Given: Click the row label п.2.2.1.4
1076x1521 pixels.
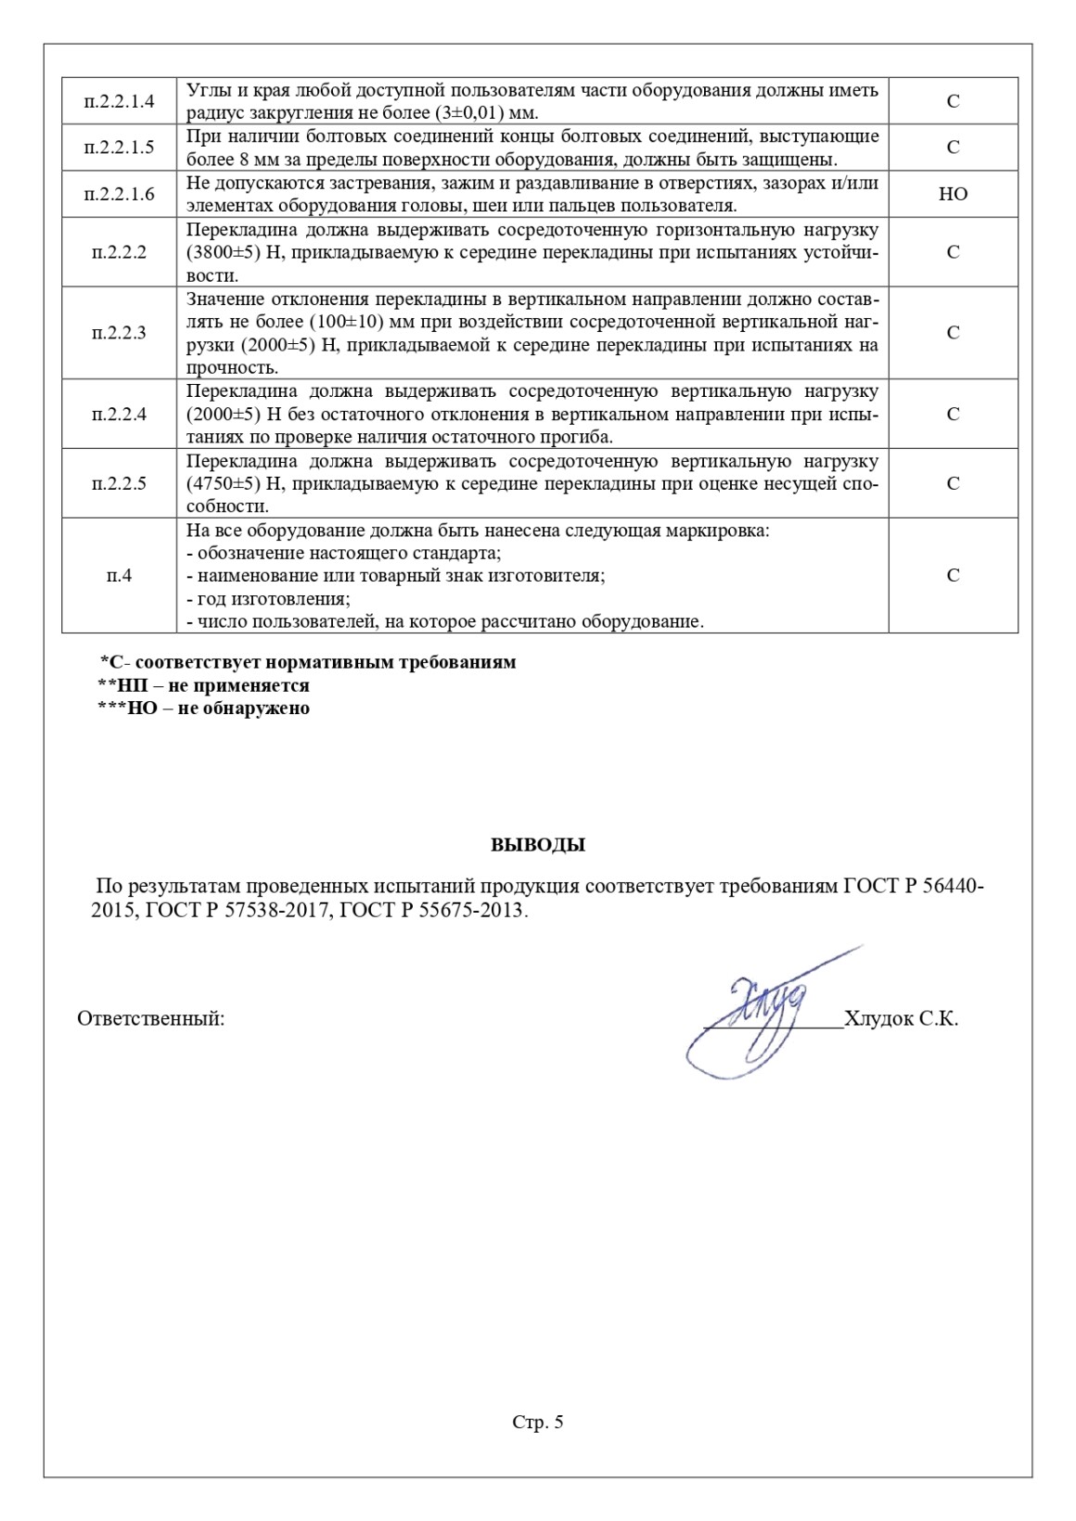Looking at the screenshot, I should click(x=119, y=101).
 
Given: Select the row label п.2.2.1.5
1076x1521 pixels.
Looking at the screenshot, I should click(x=119, y=147).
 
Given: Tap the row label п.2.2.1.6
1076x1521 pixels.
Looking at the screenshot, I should click(x=119, y=194).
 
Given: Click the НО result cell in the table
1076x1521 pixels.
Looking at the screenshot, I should click(x=953, y=194).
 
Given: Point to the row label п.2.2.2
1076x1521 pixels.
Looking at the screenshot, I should click(x=119, y=252).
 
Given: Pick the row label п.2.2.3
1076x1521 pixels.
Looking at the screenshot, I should click(x=119, y=333).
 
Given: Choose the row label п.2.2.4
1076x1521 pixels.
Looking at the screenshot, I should click(x=119, y=415).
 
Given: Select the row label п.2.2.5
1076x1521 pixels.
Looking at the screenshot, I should click(x=119, y=483).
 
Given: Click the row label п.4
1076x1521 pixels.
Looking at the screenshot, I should click(x=119, y=576).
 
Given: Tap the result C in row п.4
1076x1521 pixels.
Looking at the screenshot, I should click(x=953, y=576).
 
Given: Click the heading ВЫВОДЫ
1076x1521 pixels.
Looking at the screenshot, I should click(x=538, y=846).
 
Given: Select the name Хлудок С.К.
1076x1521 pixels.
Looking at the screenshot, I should click(x=902, y=1019).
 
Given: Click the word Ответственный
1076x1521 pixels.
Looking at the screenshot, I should click(x=150, y=1019).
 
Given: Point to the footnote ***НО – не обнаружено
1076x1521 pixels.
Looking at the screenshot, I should click(x=204, y=709).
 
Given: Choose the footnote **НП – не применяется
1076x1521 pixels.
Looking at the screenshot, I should click(x=204, y=686).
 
